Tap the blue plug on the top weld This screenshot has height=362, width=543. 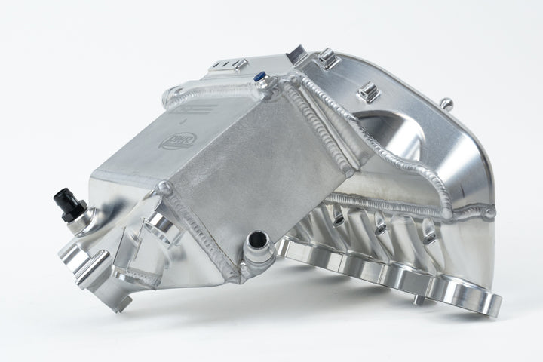tap(259, 76)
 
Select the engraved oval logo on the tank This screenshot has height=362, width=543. tap(172, 141)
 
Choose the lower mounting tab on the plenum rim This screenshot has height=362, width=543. tap(367, 93)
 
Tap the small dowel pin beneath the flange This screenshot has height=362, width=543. tap(416, 300)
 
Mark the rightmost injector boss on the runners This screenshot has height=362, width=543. tap(428, 235)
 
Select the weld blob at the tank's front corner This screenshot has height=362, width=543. tap(164, 187)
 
